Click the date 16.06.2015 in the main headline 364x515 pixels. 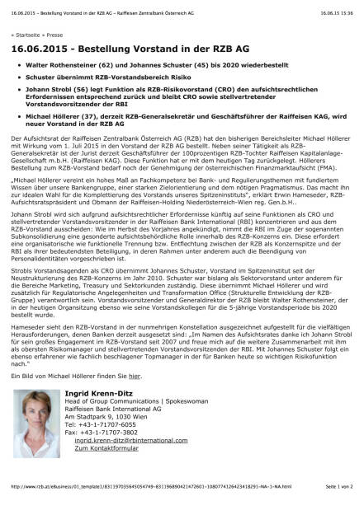point(40,49)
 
